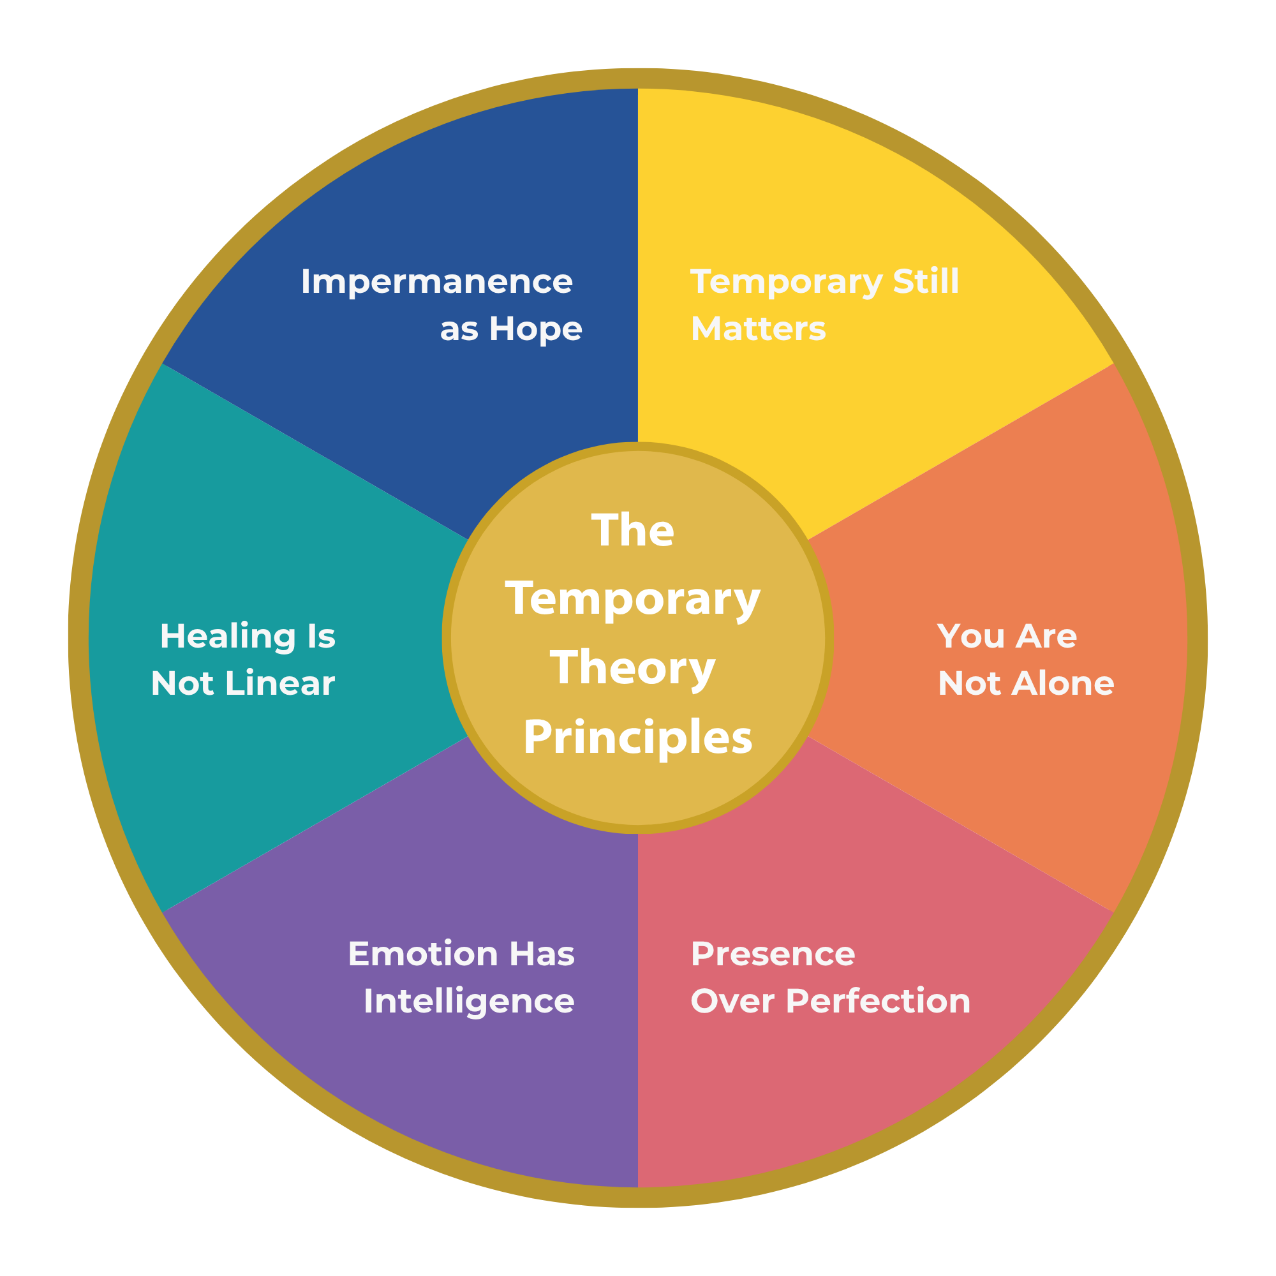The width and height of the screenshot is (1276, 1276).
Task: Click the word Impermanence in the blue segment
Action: [x=436, y=282]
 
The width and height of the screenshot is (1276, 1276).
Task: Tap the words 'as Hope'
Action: [x=510, y=329]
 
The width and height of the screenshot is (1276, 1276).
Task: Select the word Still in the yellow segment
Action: [x=925, y=281]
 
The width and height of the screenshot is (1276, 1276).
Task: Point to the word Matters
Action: [x=758, y=329]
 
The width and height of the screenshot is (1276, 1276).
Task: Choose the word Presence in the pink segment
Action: [x=773, y=954]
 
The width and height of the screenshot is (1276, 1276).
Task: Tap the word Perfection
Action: [x=879, y=1001]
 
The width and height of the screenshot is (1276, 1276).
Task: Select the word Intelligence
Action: [x=469, y=1001]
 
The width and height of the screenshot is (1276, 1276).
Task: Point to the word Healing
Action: [x=228, y=637]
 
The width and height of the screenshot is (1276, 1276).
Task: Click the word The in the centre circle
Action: [x=633, y=530]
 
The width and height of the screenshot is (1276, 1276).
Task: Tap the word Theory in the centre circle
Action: [x=633, y=668]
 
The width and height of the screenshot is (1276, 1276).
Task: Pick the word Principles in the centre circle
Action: [x=637, y=738]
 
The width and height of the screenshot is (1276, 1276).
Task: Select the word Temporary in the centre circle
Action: [x=633, y=600]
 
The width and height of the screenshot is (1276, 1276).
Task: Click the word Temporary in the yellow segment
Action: [x=786, y=283]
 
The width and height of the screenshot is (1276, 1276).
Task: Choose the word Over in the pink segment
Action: [x=732, y=1001]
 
